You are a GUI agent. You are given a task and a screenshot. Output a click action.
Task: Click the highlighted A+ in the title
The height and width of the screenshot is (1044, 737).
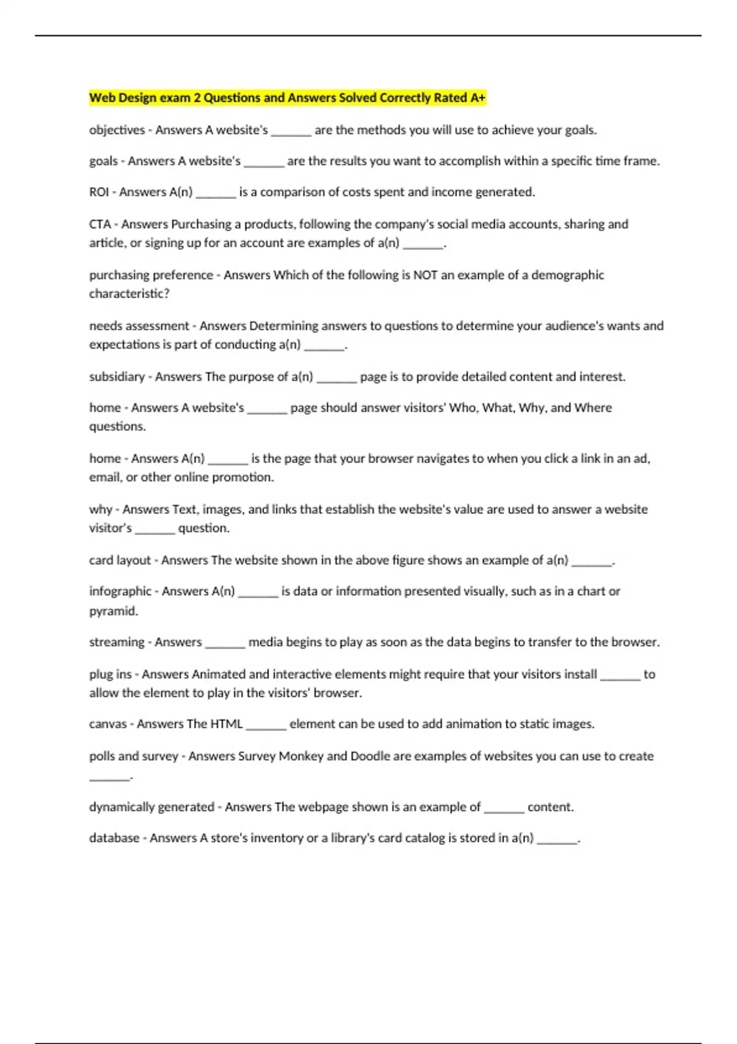click(478, 98)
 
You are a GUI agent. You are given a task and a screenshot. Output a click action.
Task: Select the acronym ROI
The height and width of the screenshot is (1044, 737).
click(99, 192)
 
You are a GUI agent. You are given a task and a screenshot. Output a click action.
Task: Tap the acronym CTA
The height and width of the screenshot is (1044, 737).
click(99, 224)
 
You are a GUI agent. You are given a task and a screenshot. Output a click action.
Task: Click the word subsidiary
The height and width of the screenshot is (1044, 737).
click(117, 377)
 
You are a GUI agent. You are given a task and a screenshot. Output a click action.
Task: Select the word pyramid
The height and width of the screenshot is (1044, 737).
click(113, 611)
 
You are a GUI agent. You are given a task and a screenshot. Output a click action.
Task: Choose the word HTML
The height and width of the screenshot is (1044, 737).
click(227, 724)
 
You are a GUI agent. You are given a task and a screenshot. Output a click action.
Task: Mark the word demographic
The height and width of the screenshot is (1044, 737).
click(567, 275)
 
